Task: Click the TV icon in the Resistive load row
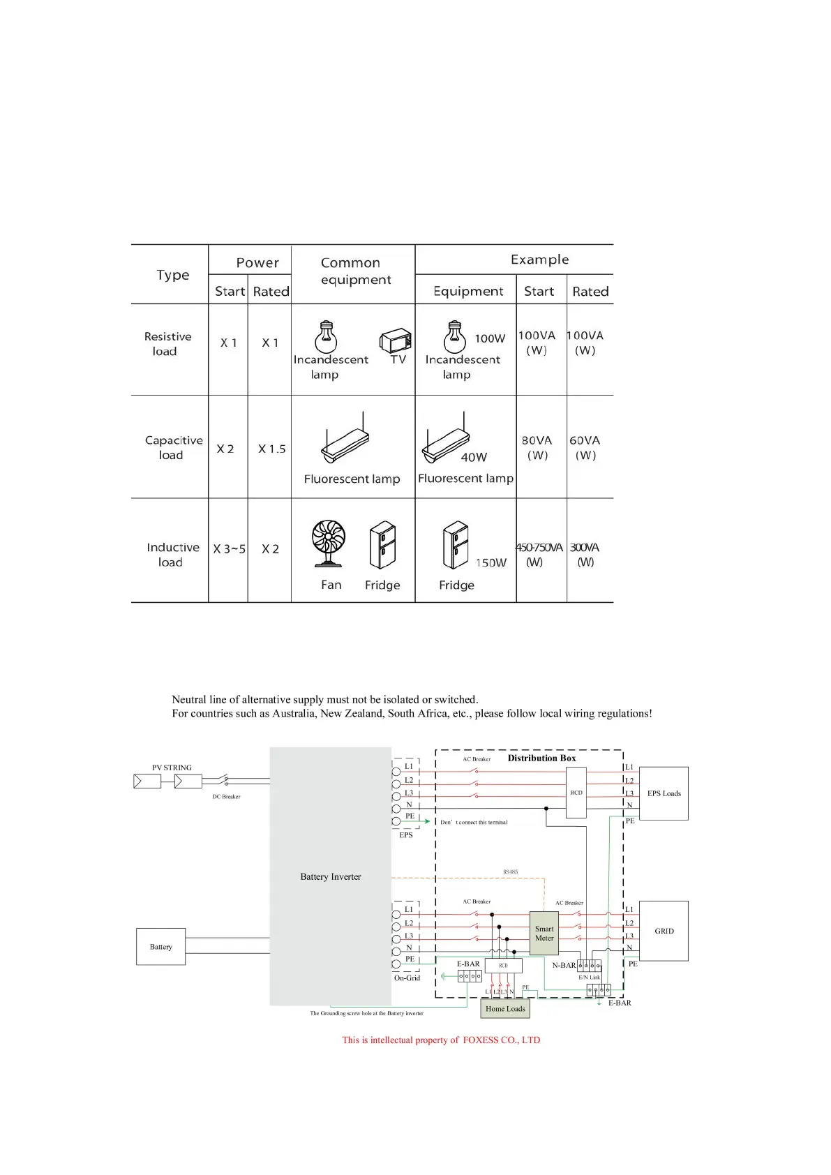pos(396,341)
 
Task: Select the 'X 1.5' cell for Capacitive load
pos(271,449)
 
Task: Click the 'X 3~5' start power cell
pos(229,549)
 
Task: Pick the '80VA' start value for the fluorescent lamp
pos(537,440)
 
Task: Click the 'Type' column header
pos(172,275)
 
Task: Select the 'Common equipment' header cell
pos(354,271)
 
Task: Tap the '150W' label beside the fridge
pos(491,562)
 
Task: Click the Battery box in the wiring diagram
pos(160,947)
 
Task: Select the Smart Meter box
pos(544,934)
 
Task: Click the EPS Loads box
pos(664,793)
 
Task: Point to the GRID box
pos(664,931)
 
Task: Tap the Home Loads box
pos(505,1009)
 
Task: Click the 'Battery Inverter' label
pos(331,877)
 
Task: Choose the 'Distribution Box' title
pos(541,758)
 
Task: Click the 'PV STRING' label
pos(172,768)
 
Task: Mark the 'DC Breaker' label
pos(226,797)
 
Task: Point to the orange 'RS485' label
pos(511,872)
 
